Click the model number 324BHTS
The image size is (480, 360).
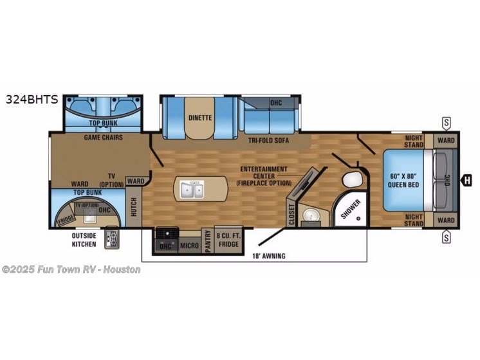pyautogui.click(x=32, y=100)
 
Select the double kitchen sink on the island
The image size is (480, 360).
pyautogui.click(x=191, y=190)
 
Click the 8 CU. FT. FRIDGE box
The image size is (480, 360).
pyautogui.click(x=229, y=240)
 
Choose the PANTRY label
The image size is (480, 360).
pyautogui.click(x=208, y=240)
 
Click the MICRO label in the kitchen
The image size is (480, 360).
pyautogui.click(x=188, y=245)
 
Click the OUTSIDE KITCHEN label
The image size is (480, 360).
pyautogui.click(x=84, y=239)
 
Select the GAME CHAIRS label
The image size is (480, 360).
pyautogui.click(x=103, y=138)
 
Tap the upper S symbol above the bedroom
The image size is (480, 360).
pyautogui.click(x=445, y=122)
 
